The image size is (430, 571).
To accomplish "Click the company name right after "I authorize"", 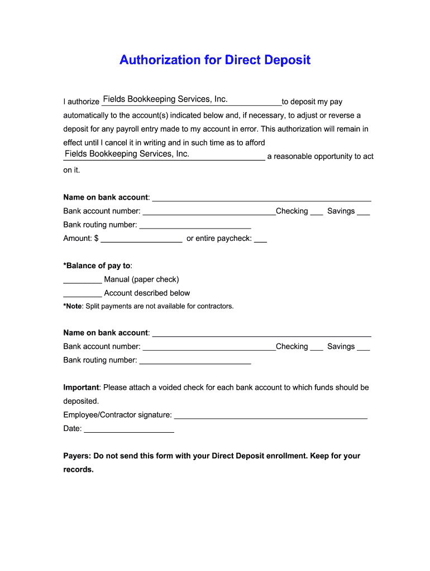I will click(x=165, y=99).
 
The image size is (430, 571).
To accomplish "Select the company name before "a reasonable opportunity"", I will click(x=127, y=154).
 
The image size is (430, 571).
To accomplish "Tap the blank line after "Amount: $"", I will click(x=141, y=240).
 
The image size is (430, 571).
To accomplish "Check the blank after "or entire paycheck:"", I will click(x=260, y=240).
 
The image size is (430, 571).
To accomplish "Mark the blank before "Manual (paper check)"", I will click(x=83, y=281).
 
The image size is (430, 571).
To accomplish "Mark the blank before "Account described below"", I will click(x=83, y=295).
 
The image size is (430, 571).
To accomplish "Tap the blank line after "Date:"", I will click(x=129, y=430).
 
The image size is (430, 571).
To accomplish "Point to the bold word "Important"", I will click(x=81, y=387).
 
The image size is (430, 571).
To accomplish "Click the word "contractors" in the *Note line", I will click(x=214, y=306).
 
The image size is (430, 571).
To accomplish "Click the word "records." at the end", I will click(x=78, y=470).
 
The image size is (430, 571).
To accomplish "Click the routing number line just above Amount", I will click(x=195, y=227).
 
